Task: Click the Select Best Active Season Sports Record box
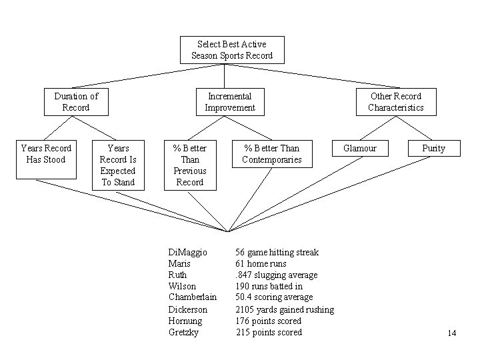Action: coord(232,50)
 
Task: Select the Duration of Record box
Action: coord(75,102)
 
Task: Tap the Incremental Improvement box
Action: coord(230,102)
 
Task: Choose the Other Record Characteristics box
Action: coord(395,102)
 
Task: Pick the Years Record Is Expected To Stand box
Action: coord(118,165)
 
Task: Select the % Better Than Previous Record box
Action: coord(190,165)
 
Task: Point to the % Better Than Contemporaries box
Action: coord(272,154)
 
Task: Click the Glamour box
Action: coord(359,149)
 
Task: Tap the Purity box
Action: coord(433,149)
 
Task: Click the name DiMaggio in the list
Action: coord(188,253)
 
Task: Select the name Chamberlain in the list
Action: coord(193,297)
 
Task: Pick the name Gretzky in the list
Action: coord(185,332)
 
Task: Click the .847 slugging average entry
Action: coord(277,275)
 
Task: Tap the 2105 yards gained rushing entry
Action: coord(285,310)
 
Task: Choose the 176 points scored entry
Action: coord(269,321)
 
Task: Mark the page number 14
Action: coord(451,334)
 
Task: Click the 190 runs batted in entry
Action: coord(269,287)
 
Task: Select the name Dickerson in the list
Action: coord(188,310)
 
